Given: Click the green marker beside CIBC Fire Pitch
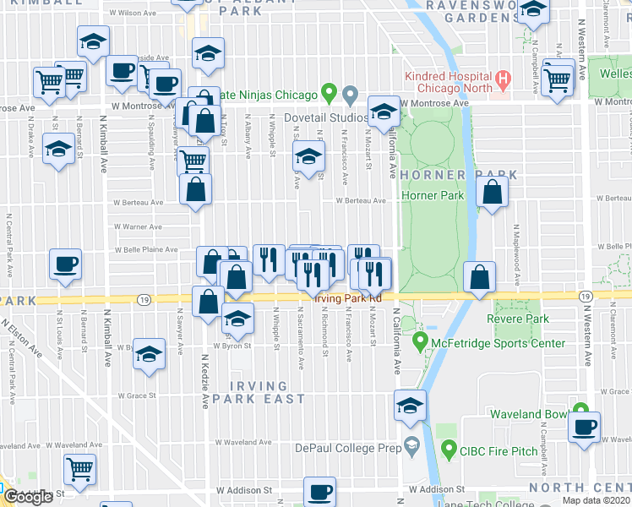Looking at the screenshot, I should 449,450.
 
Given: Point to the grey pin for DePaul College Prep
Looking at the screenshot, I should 411,445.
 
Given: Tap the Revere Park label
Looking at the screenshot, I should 517,319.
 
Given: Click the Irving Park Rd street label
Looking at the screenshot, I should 348,298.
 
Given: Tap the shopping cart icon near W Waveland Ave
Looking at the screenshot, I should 79,466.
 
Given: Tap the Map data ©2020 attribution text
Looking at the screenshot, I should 596,500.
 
